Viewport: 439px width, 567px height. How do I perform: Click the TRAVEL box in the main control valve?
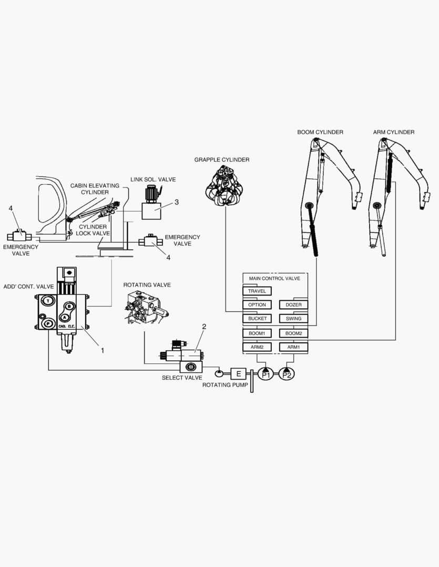(x=257, y=291)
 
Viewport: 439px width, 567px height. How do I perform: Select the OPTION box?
(x=257, y=305)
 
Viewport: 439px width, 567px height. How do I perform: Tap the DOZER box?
(x=293, y=305)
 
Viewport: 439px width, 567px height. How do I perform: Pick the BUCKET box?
(x=257, y=319)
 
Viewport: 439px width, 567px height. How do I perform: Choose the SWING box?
(x=293, y=319)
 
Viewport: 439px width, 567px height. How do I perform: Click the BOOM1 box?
(x=257, y=333)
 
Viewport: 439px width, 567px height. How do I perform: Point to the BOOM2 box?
(x=293, y=333)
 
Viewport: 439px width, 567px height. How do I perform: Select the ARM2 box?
(x=257, y=347)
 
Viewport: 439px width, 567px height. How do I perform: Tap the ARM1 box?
(x=293, y=347)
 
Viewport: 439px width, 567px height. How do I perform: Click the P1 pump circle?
(x=266, y=374)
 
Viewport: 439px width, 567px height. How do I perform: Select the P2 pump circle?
(x=287, y=374)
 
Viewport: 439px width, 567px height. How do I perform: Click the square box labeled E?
(x=238, y=374)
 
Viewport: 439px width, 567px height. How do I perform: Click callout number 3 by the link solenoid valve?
(x=177, y=202)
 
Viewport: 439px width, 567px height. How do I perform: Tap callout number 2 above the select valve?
(x=204, y=327)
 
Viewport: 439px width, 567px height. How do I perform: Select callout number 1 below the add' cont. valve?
(x=103, y=350)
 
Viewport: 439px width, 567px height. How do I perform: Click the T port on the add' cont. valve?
(x=48, y=301)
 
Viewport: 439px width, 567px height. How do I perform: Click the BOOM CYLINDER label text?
(x=320, y=132)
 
